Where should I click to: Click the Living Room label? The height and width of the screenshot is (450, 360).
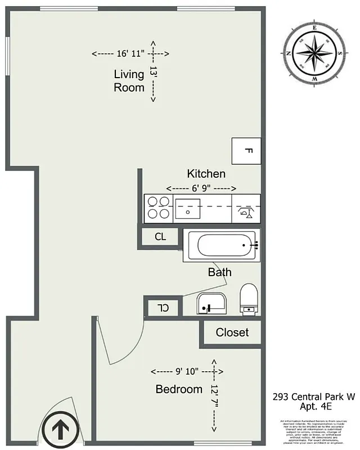(x=129, y=80)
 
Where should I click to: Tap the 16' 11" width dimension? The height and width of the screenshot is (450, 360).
(x=130, y=54)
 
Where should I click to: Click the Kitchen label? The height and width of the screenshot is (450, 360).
(x=206, y=174)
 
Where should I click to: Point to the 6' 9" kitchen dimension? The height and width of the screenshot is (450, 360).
(x=201, y=188)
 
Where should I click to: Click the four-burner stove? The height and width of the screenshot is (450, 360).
(x=158, y=208)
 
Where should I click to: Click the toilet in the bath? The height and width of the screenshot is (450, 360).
(x=249, y=299)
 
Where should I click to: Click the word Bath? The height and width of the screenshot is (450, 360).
(x=219, y=272)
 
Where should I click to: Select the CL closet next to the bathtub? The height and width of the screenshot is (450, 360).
(x=160, y=237)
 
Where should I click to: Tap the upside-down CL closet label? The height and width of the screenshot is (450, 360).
(x=163, y=308)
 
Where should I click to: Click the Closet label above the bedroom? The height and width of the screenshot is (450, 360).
(x=232, y=332)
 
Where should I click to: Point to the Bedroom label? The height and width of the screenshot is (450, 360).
(x=179, y=389)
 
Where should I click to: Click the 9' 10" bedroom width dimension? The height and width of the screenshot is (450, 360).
(x=187, y=372)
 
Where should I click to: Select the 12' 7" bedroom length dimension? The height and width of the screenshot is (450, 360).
(x=214, y=396)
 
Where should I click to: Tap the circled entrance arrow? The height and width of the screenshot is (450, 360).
(x=58, y=430)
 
